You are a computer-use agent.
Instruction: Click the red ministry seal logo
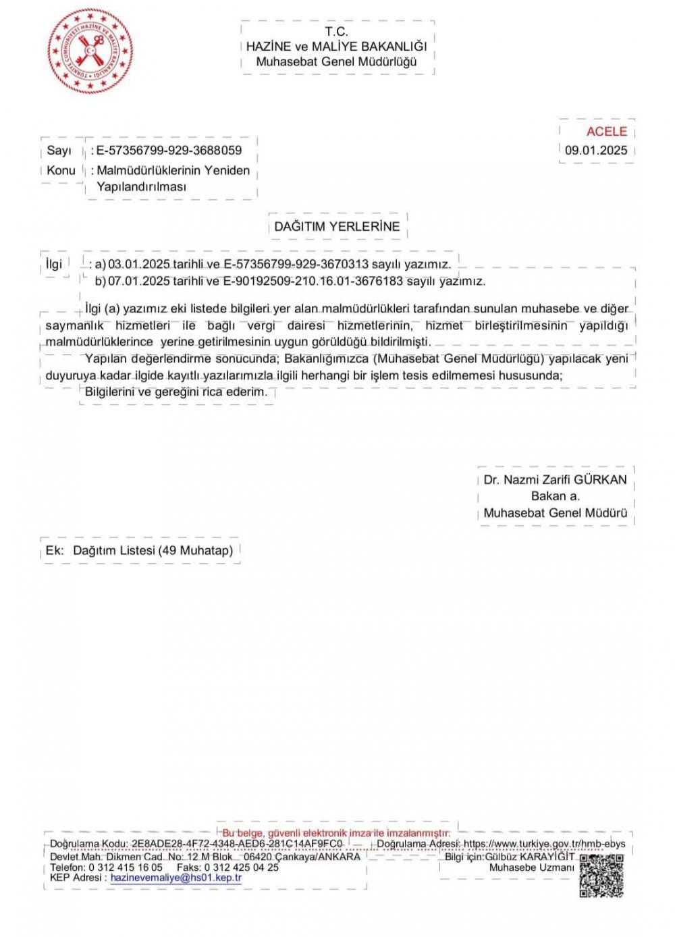tap(90, 51)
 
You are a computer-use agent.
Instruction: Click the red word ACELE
tap(606, 132)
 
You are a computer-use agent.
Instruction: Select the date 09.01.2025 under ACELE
tap(596, 151)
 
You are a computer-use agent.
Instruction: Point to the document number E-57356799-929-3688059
tap(169, 151)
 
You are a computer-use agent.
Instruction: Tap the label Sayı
tap(59, 151)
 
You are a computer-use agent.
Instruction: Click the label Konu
tap(61, 170)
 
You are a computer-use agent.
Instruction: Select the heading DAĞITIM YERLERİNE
tap(337, 227)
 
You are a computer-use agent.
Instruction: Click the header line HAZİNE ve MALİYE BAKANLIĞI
tap(337, 47)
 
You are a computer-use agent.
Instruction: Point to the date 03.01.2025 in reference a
tap(139, 264)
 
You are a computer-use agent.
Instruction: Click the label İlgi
tap(54, 264)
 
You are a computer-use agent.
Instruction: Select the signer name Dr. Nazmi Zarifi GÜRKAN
tap(555, 480)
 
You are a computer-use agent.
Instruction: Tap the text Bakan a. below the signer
tap(555, 496)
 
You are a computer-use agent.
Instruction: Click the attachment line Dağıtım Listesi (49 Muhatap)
tap(153, 550)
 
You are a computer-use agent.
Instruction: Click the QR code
tap(601, 876)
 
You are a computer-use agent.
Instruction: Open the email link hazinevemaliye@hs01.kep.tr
tap(175, 878)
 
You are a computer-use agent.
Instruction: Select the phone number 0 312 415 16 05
tap(126, 867)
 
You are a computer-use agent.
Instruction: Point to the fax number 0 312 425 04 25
tap(242, 867)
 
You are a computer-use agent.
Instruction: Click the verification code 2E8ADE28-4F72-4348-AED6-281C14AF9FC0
tap(237, 844)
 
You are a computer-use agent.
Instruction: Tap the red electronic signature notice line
tap(335, 833)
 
